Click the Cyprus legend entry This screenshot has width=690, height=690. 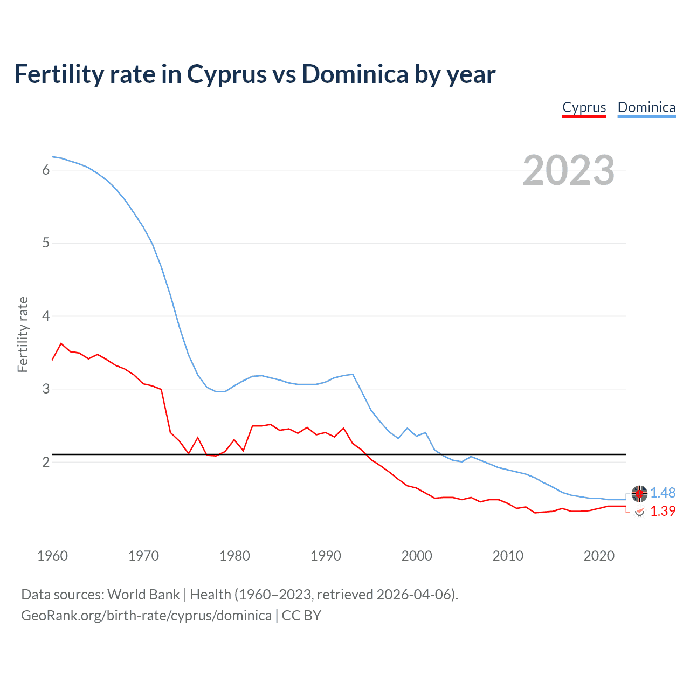pyautogui.click(x=584, y=107)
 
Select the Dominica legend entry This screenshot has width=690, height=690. pyautogui.click(x=646, y=107)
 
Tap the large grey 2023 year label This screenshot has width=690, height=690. pyautogui.click(x=569, y=170)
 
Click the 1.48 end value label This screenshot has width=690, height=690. pyautogui.click(x=663, y=493)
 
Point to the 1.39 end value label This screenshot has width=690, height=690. pyautogui.click(x=663, y=511)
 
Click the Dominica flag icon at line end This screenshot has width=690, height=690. pyautogui.click(x=639, y=493)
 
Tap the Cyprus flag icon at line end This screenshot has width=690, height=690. pyautogui.click(x=639, y=512)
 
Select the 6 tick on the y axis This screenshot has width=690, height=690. pyautogui.click(x=46, y=170)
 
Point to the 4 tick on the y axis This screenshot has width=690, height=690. pyautogui.click(x=46, y=316)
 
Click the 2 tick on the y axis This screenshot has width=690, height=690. pyautogui.click(x=46, y=462)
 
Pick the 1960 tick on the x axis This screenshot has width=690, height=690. pyautogui.click(x=52, y=556)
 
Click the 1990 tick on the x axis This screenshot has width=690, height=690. pyautogui.click(x=326, y=556)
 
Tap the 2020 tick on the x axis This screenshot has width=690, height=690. pyautogui.click(x=599, y=556)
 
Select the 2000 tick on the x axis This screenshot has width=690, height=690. pyautogui.click(x=417, y=556)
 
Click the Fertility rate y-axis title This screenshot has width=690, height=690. pyautogui.click(x=23, y=334)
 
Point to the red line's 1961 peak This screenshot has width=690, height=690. pyautogui.click(x=61, y=343)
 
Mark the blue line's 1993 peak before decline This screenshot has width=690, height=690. pyautogui.click(x=353, y=374)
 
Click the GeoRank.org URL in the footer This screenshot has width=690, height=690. pyautogui.click(x=146, y=616)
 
